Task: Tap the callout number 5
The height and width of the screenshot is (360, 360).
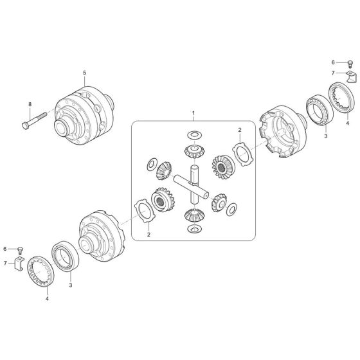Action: [x=84, y=72]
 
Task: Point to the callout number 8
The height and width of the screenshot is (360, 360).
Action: [x=30, y=104]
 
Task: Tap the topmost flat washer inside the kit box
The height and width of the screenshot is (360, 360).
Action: [x=194, y=135]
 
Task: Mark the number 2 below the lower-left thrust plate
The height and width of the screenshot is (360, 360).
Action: [x=149, y=236]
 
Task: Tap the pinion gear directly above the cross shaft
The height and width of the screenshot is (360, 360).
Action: [x=194, y=153]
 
